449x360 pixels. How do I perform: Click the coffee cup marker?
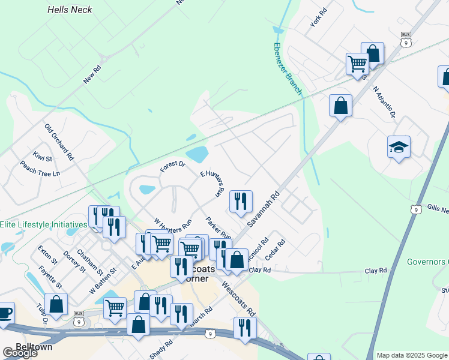5,313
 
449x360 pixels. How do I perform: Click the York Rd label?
318,20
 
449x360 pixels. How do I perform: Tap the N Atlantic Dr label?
385,101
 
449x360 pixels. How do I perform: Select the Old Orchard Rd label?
58,142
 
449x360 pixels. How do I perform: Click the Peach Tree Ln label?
40,168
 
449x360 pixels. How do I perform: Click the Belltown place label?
34,347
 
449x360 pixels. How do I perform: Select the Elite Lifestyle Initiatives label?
43,224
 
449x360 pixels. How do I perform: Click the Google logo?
20,353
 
